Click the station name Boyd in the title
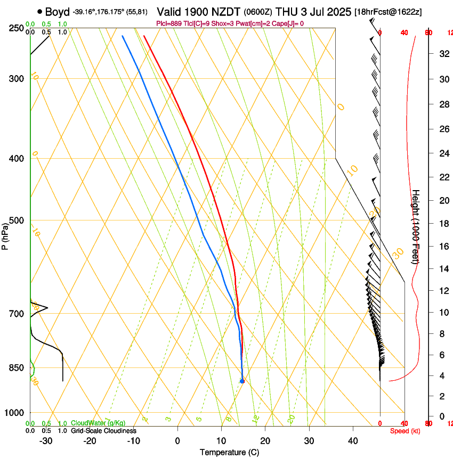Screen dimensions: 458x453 pos(57,12)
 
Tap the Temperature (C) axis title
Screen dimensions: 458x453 pos(229,452)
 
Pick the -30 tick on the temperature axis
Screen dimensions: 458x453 pos(46,440)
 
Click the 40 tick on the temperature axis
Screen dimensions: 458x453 pos(353,440)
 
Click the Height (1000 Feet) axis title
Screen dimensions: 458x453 pos(416,226)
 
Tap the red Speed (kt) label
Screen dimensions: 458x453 pos(405,431)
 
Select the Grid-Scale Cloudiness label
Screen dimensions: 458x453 pos(103,430)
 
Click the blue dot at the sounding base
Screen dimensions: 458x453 pos(242,381)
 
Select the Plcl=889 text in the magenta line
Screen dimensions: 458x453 pos(169,23)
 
